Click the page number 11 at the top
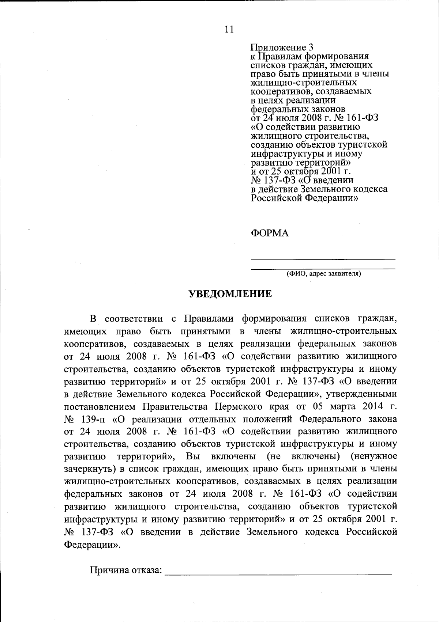pos(229,30)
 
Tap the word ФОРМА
pos(270,233)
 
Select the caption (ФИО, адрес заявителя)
pos(323,273)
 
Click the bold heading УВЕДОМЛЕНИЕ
pos(230,294)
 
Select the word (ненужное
pos(374,456)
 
